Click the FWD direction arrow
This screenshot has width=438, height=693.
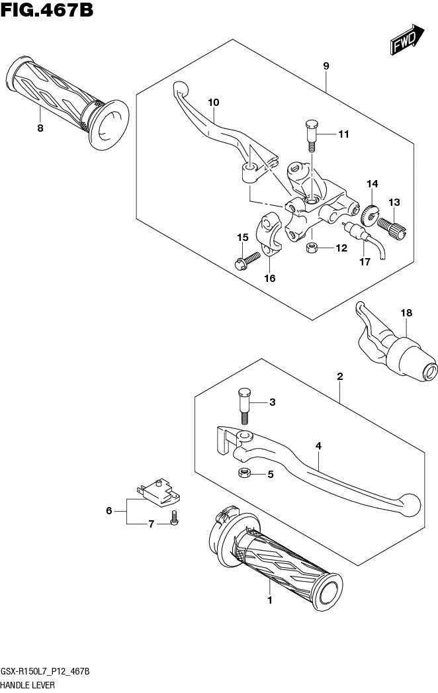407,40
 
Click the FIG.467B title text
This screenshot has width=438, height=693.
47,9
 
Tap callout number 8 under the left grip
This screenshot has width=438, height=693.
40,128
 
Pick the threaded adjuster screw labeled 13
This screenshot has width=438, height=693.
391,228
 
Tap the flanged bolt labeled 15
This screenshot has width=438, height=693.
247,261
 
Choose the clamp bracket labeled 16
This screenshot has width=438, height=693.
269,234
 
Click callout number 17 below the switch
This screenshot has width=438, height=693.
365,262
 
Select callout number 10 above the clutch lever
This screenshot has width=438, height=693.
214,103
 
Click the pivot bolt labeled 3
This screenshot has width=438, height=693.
244,405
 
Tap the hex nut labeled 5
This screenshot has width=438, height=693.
244,473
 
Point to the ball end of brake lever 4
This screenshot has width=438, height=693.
410,505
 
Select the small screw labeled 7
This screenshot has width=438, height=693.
174,518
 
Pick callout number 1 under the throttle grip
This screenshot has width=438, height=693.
269,600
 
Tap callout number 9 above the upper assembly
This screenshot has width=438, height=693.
326,66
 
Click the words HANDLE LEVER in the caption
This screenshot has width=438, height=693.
28,685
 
